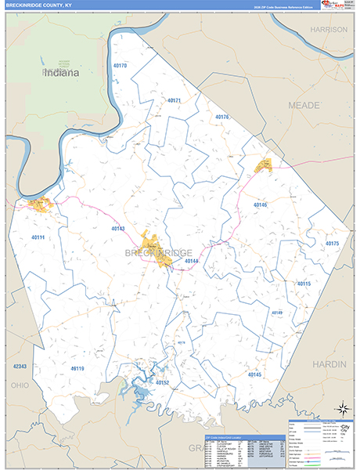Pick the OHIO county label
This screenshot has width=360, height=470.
coord(19,385)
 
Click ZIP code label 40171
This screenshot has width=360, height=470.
coord(174,100)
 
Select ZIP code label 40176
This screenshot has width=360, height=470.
coord(222,117)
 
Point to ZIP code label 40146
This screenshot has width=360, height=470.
coord(260,204)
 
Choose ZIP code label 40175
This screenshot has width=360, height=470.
coord(332,244)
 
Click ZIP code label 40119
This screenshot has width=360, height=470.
coord(77,368)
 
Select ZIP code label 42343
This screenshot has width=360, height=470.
coord(20,366)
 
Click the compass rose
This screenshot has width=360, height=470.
coord(341,408)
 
